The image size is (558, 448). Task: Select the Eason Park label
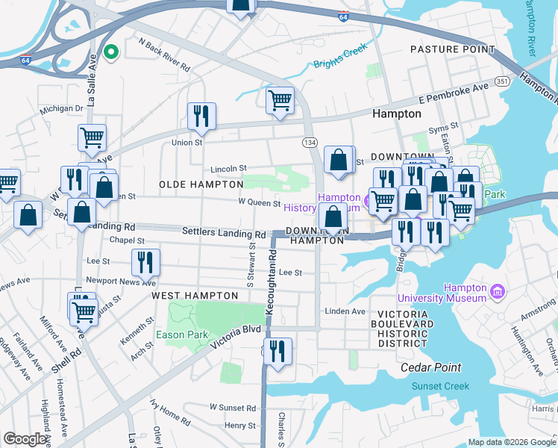(181, 335)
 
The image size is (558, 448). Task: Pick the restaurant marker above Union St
(201, 115)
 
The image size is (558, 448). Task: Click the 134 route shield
(309, 142)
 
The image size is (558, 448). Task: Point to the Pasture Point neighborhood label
(452, 49)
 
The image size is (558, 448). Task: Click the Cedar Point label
(430, 367)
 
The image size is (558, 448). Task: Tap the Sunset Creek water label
(440, 386)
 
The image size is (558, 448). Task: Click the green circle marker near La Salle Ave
(111, 52)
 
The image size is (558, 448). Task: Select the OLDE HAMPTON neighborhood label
(201, 184)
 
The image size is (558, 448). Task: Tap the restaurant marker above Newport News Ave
(145, 262)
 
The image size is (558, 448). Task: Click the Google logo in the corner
(25, 439)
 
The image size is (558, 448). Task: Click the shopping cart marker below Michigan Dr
(92, 137)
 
